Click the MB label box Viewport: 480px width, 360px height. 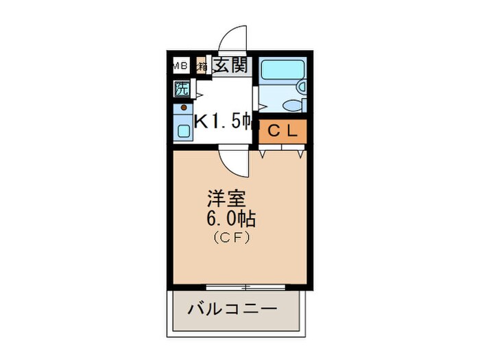180,66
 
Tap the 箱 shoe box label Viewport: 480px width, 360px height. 202,67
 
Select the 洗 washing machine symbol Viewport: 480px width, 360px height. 182,88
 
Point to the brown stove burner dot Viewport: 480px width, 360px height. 183,108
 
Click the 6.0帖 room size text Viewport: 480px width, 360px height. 232,219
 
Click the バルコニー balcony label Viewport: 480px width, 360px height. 232,309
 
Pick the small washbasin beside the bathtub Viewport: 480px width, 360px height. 301,86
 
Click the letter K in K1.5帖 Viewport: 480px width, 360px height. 202,122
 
